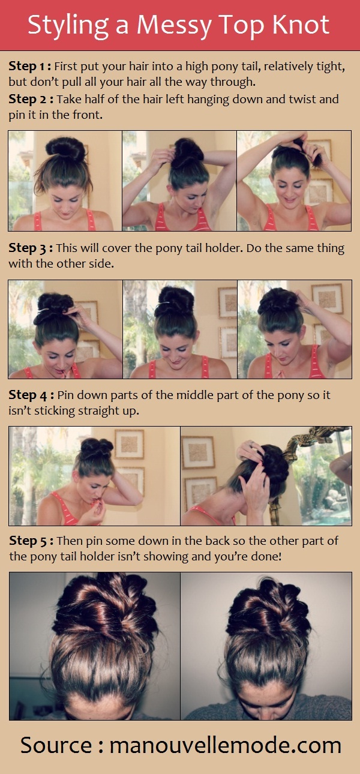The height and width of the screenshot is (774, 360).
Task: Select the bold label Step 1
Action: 30,67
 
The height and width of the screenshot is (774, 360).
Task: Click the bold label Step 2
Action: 31,100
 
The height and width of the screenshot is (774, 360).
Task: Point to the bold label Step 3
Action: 31,248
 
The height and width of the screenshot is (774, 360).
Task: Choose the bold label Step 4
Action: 31,395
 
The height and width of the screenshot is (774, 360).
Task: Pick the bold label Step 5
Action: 31,541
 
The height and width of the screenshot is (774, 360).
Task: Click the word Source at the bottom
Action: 56,745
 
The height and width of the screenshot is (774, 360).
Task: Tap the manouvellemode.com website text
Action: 225,745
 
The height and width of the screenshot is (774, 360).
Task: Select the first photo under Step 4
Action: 94,476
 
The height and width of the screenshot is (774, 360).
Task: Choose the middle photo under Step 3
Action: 180,329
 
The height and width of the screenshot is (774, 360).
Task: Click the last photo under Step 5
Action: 266,646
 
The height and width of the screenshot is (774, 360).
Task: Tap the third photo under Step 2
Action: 294,181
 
